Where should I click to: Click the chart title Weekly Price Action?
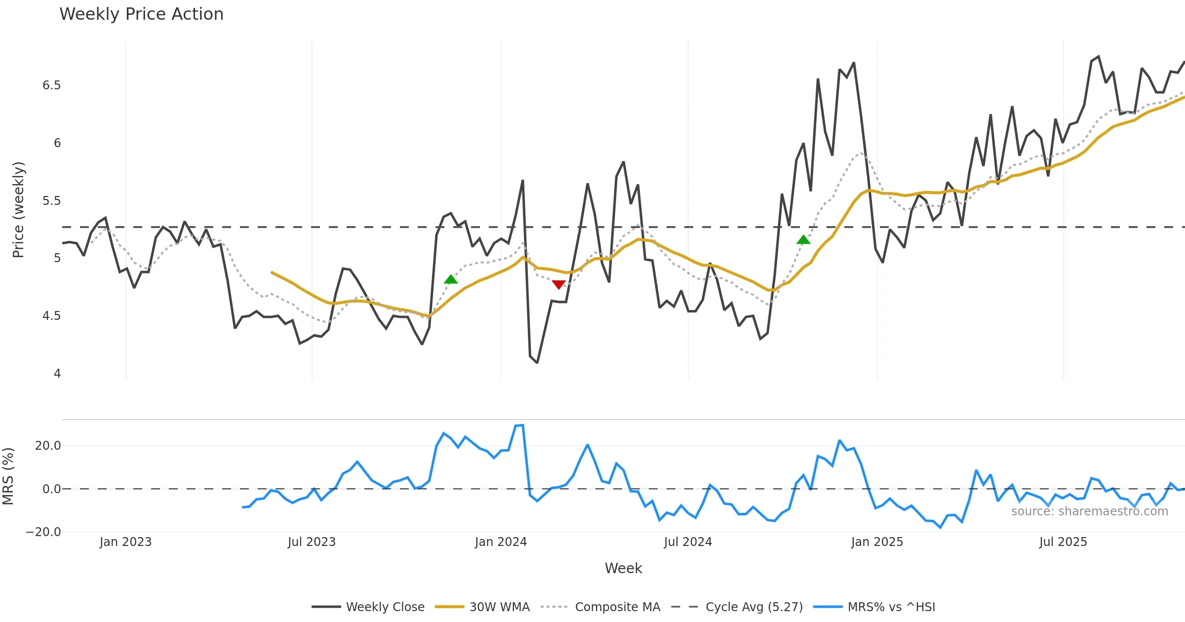[x=141, y=14]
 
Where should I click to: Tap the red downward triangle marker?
[x=558, y=285]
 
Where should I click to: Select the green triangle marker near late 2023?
[x=451, y=279]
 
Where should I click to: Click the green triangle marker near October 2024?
[x=803, y=240]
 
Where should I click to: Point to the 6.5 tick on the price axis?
[x=51, y=85]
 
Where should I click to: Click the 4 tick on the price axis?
[x=57, y=374]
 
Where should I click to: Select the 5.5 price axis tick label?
[x=51, y=201]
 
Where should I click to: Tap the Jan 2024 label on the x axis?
[x=501, y=542]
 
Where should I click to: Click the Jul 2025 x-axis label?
[x=1063, y=542]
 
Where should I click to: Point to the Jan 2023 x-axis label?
[x=125, y=542]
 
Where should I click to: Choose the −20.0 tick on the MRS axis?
[x=43, y=532]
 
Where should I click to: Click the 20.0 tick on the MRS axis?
[x=47, y=446]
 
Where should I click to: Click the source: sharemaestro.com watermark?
[x=1089, y=511]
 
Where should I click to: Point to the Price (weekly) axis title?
[x=18, y=210]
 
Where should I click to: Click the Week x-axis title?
[x=623, y=569]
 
